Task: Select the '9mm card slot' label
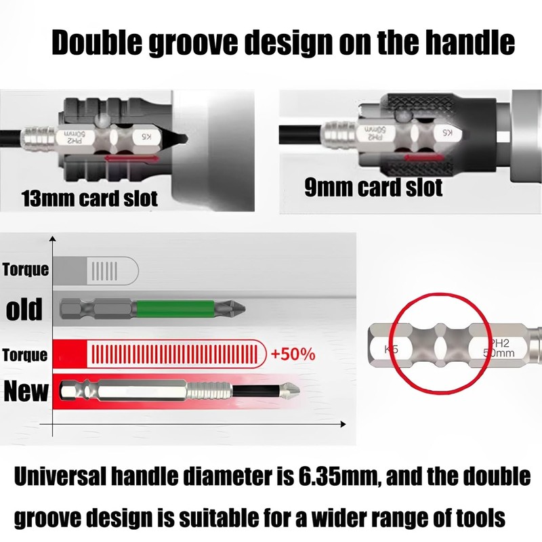click(x=373, y=187)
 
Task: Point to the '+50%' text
click(x=292, y=355)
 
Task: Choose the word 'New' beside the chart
click(x=26, y=391)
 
